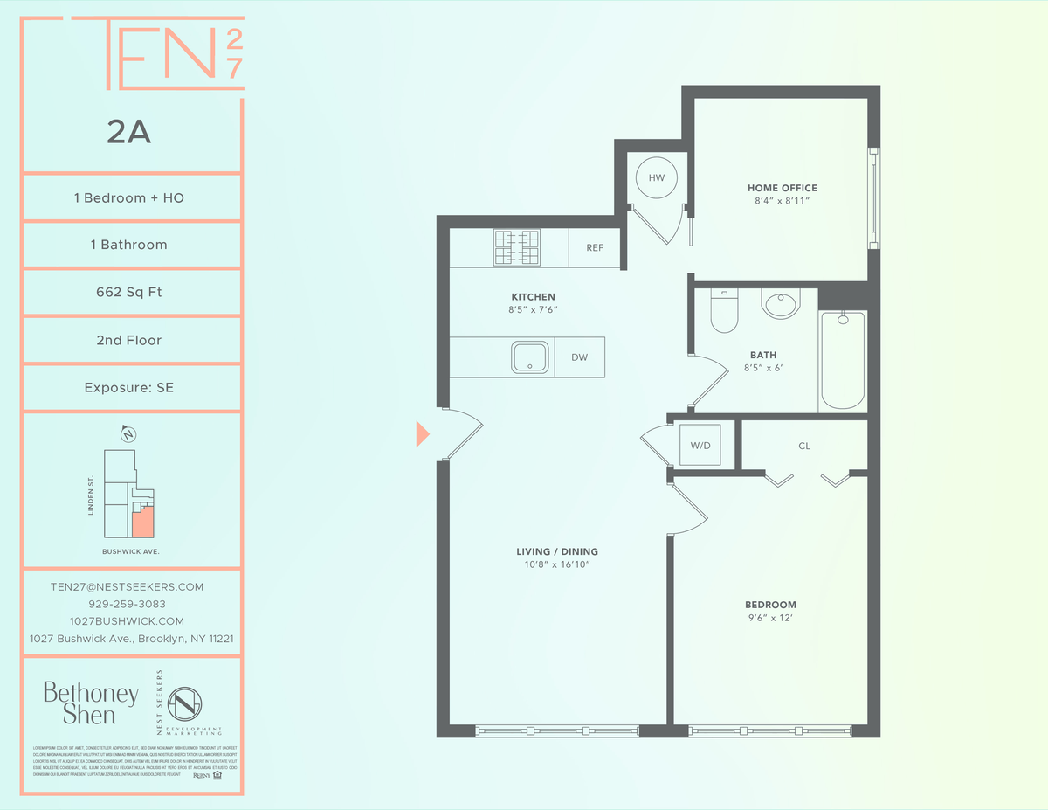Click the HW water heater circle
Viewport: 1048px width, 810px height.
pos(656,178)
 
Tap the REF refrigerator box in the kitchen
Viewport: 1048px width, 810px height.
pos(595,248)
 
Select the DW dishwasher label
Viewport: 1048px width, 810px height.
pos(579,357)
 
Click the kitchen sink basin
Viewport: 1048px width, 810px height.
pos(530,357)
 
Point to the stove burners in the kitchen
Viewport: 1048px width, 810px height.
pos(517,247)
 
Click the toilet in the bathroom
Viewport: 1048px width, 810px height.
pos(724,311)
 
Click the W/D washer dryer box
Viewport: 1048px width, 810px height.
pos(700,446)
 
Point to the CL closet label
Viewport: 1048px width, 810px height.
pos(804,446)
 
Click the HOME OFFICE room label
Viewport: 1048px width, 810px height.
pos(782,188)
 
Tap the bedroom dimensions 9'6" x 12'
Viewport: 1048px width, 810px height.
pos(770,619)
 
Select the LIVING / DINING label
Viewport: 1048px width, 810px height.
pos(557,551)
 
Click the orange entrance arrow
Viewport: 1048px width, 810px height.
pos(423,433)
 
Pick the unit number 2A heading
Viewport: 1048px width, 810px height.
pos(129,133)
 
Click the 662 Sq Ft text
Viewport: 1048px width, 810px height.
pos(129,292)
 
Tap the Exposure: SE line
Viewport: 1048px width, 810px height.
pos(129,387)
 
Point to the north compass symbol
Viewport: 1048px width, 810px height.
pos(128,434)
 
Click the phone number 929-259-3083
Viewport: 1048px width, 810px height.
pos(128,604)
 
